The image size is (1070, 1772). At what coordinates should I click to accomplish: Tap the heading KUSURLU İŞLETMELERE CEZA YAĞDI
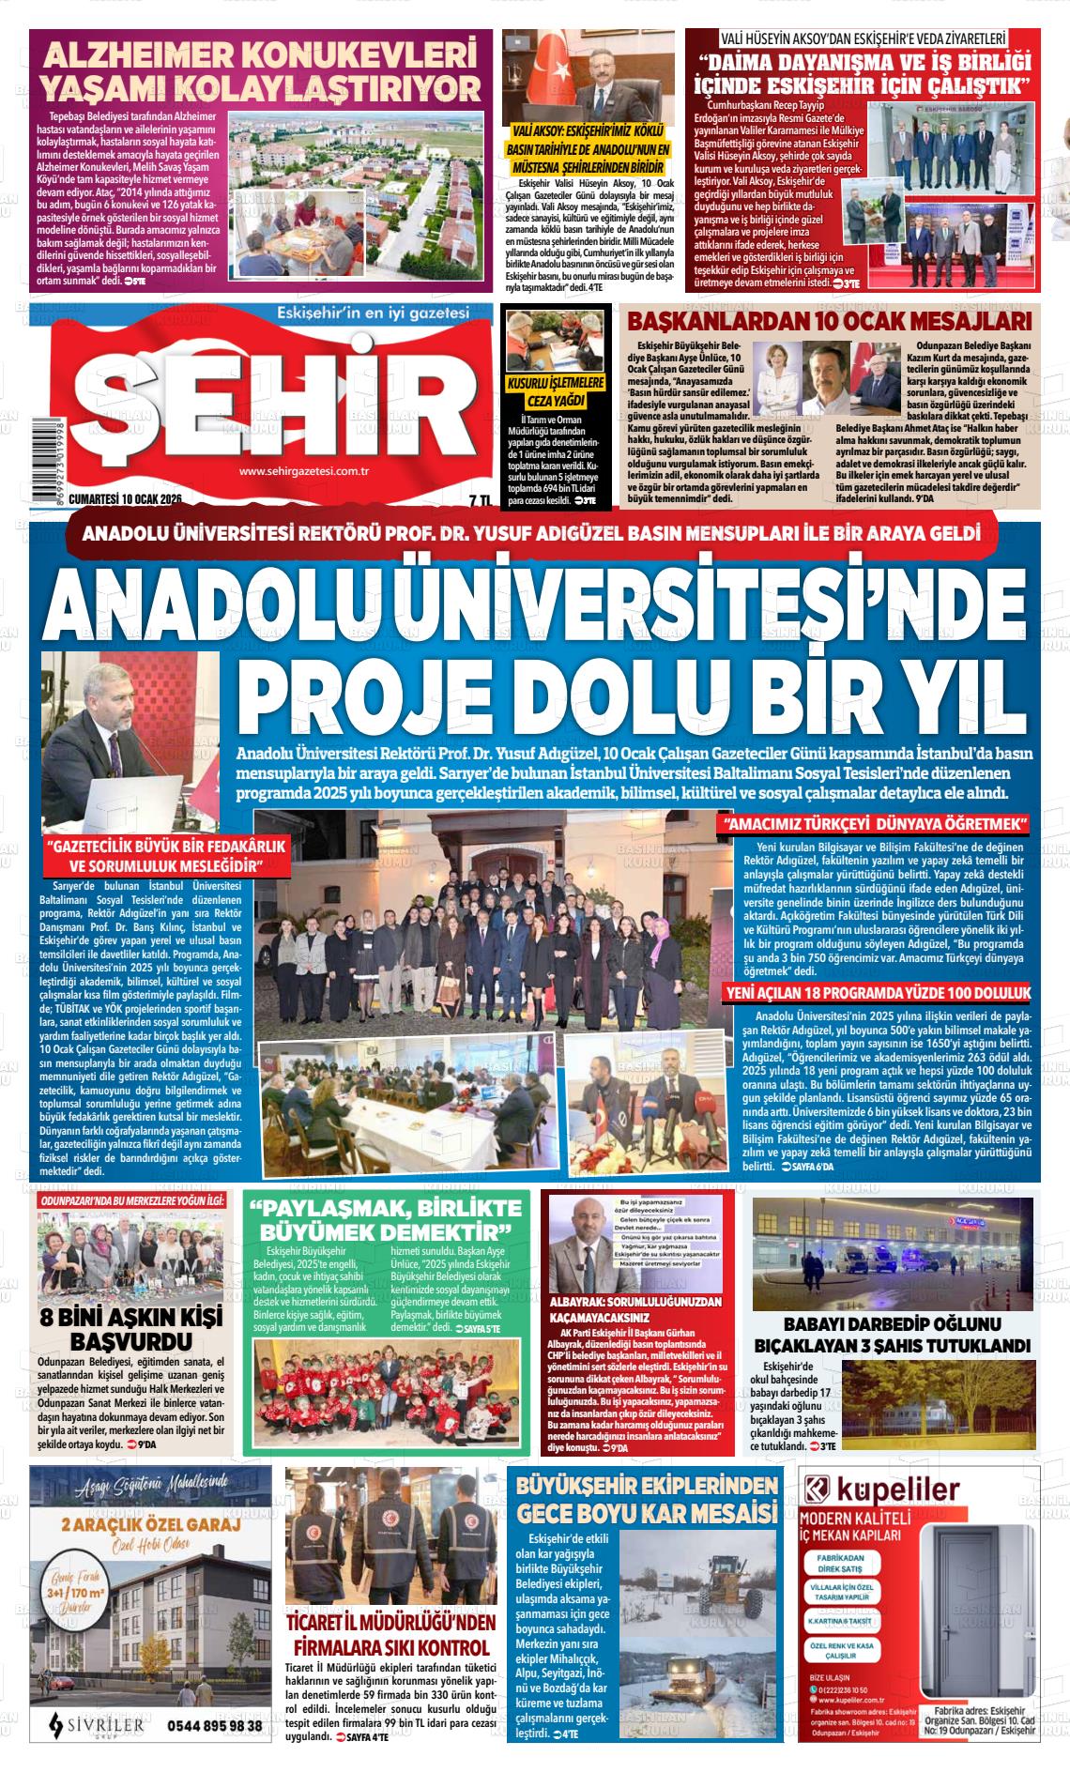tap(555, 392)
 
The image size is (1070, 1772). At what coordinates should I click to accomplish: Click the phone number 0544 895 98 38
tap(214, 1725)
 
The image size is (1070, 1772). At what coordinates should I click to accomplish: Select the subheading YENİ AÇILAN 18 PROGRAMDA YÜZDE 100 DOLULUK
tap(878, 993)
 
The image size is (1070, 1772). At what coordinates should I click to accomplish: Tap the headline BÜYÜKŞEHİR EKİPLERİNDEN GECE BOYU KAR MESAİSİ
tap(648, 1500)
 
